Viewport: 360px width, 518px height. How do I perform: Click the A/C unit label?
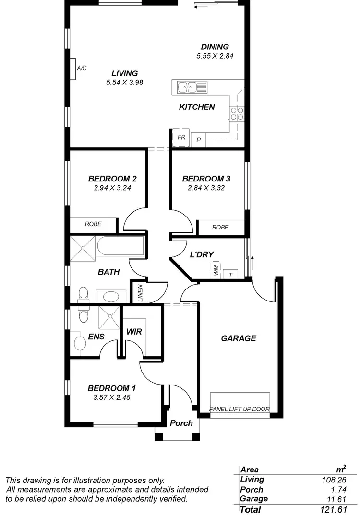82,68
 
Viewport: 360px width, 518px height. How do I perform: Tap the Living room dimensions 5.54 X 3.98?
125,82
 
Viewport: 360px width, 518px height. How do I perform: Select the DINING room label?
215,47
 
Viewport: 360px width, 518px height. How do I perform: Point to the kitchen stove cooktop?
237,113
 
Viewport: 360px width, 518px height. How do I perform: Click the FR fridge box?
181,137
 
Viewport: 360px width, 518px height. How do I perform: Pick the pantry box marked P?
198,140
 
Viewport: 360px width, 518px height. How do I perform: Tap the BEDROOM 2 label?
113,179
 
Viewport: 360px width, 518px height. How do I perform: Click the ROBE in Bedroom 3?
220,227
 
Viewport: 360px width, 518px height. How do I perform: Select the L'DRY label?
202,254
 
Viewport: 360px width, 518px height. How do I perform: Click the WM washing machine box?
216,270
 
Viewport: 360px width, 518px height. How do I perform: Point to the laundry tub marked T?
230,274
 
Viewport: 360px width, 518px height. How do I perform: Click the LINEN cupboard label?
140,293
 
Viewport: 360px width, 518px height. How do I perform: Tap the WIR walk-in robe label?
134,332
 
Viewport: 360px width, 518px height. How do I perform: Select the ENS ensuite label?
96,337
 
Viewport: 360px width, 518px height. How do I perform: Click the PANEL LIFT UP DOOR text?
240,410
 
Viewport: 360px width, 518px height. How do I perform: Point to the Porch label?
181,423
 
